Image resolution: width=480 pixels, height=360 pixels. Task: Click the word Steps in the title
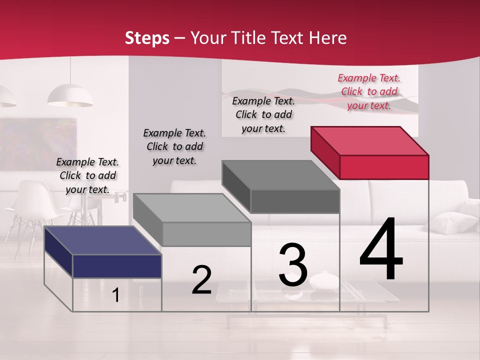click(147, 38)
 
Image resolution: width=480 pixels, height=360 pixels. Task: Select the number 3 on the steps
click(293, 265)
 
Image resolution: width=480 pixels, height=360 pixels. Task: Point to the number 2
click(201, 280)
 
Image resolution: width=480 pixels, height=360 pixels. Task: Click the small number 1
click(115, 295)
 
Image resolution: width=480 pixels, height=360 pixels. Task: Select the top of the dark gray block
click(280, 175)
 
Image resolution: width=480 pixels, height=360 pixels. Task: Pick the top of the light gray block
click(191, 208)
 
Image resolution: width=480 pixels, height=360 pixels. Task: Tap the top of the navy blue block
click(102, 240)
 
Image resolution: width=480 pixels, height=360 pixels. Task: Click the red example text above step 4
click(369, 91)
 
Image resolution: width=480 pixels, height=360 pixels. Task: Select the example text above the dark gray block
click(263, 114)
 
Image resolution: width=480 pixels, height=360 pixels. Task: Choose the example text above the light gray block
click(174, 146)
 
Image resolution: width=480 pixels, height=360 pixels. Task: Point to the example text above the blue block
click(87, 175)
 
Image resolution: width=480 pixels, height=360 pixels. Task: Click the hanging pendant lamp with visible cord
click(70, 95)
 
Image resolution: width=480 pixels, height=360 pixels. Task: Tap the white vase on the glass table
click(323, 281)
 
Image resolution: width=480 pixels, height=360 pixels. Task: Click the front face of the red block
click(384, 167)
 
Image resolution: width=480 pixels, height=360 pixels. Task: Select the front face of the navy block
click(117, 266)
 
